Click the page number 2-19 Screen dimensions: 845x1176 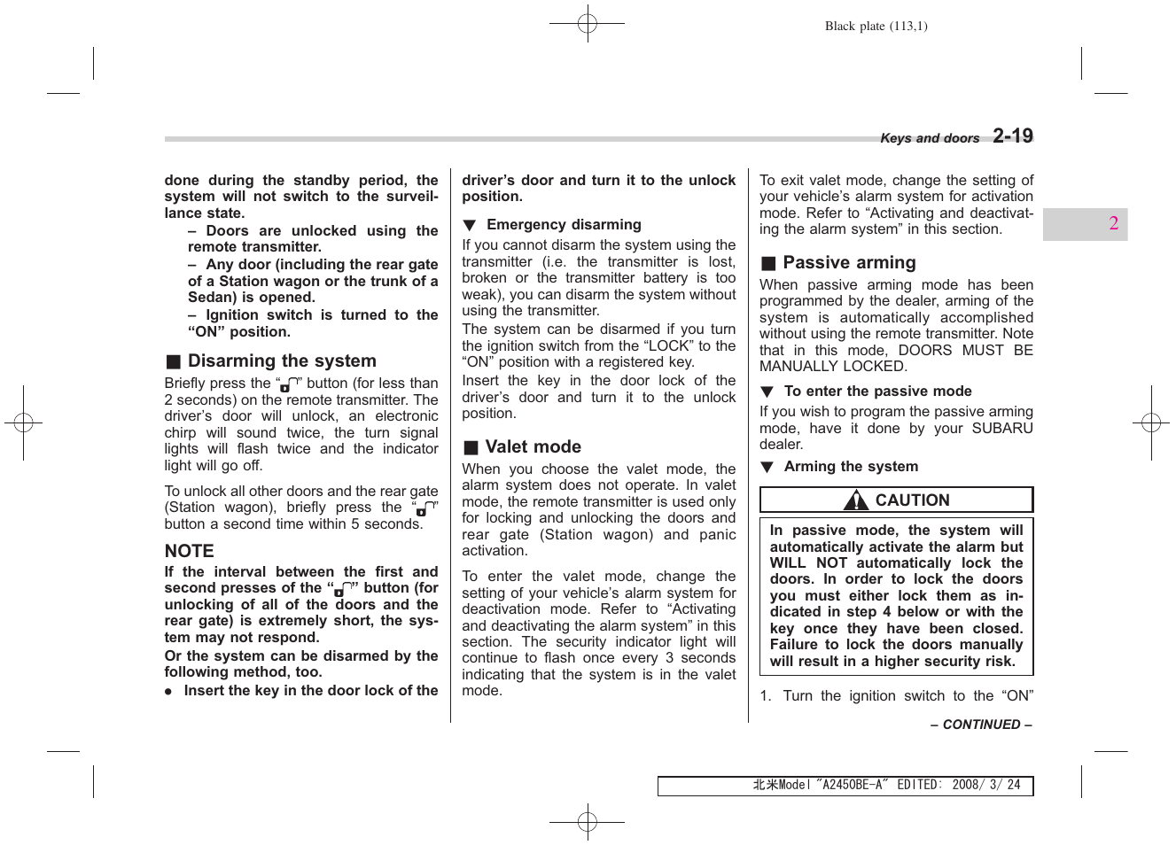1012,136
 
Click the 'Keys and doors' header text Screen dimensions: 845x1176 930,138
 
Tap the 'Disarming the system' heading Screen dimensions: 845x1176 282,361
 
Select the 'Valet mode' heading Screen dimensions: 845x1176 533,447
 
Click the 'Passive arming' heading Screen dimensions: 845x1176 849,263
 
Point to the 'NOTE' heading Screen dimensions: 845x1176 189,551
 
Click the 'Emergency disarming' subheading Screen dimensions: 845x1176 564,225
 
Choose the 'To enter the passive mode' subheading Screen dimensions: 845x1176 877,391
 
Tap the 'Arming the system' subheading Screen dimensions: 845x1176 851,467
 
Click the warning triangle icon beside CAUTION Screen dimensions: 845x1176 856,501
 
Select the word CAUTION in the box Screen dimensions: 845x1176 912,500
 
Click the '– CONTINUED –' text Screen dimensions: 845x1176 981,725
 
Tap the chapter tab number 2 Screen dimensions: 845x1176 1113,224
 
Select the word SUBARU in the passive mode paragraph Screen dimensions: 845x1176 1002,429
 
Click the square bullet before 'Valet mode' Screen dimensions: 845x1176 471,448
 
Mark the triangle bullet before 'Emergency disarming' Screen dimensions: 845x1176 470,226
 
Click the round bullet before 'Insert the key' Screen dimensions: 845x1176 168,692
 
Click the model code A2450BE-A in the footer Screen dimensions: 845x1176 851,785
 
